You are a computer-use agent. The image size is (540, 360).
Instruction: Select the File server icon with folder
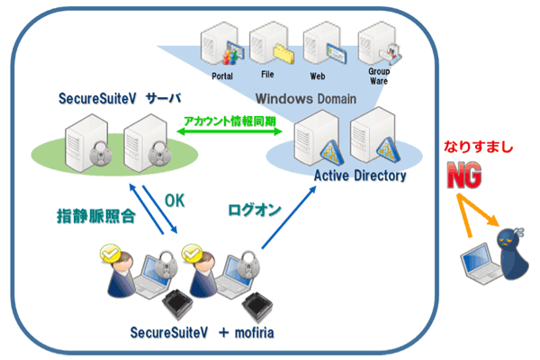[266, 43]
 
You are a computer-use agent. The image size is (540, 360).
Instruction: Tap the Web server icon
[319, 42]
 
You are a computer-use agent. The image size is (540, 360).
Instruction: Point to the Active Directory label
[360, 176]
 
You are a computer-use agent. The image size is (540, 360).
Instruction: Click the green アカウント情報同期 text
[231, 120]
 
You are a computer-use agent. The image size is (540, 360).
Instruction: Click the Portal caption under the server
[222, 78]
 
